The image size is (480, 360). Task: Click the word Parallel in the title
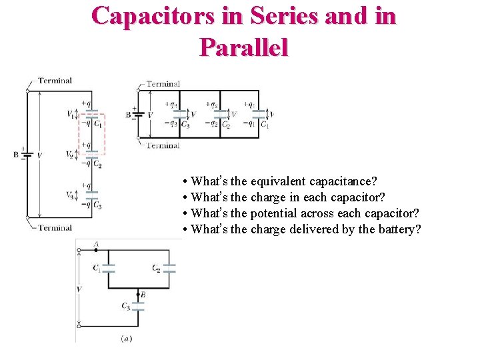pos(243,47)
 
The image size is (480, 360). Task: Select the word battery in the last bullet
pos(399,230)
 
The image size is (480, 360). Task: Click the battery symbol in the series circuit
pos(26,155)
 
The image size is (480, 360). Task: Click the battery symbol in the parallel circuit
pos(139,114)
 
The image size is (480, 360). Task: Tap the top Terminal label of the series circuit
pos(54,81)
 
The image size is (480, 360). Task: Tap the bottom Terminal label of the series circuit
pos(54,227)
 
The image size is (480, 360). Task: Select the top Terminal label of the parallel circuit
pos(163,84)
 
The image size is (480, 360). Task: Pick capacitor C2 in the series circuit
pos(93,157)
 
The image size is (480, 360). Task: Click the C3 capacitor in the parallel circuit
pos(180,114)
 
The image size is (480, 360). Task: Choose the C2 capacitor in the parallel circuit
pos(220,114)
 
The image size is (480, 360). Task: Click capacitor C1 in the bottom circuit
pos(109,268)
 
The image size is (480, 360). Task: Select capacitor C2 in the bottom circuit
pos(169,268)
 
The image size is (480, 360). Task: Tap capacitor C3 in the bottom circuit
pos(138,306)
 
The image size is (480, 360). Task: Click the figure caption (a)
pos(126,339)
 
